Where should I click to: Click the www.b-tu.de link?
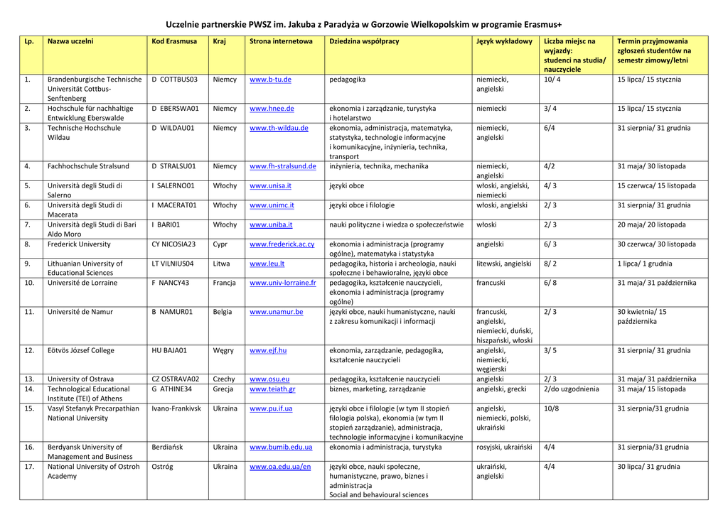270,80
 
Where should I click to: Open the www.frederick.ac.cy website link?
282,244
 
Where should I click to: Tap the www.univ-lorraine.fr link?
282,283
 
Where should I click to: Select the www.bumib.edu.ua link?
281,448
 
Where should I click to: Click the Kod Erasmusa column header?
174,41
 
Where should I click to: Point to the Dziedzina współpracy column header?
364,41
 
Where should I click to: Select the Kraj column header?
219,41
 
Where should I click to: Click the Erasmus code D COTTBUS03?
174,80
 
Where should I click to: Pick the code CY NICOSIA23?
173,244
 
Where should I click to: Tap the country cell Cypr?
220,244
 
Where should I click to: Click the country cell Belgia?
223,312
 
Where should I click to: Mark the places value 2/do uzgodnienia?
571,389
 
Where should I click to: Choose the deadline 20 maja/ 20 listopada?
651,225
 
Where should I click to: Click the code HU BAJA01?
169,351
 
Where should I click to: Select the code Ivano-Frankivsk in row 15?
176,409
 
